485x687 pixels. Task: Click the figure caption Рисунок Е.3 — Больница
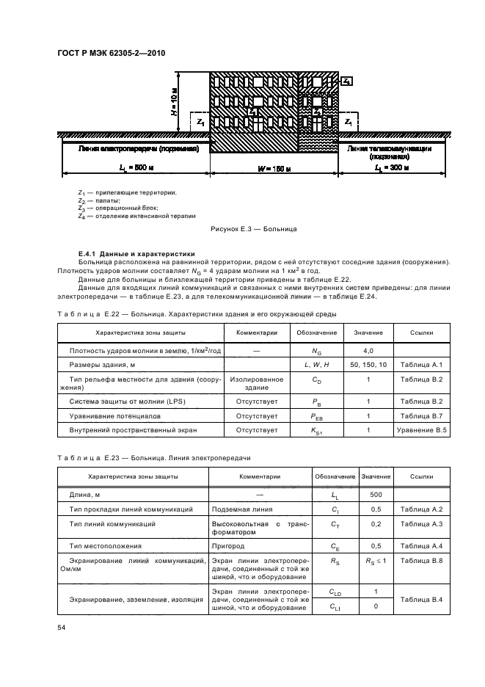tap(252, 229)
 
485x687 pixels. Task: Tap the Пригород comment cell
tap(230, 547)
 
